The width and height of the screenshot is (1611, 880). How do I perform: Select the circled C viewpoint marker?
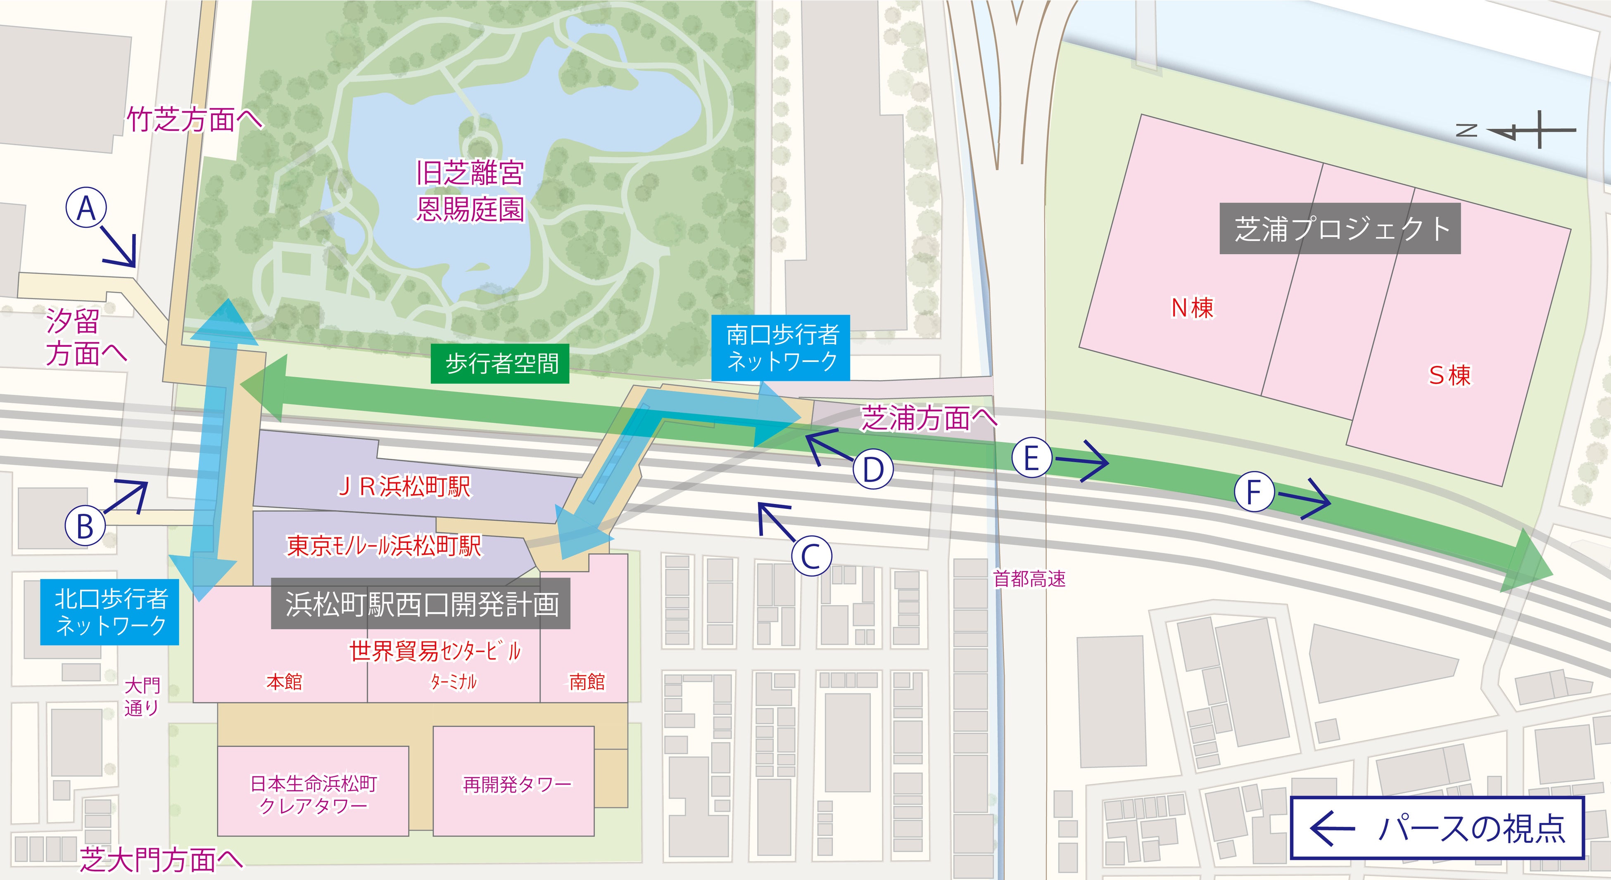(x=811, y=556)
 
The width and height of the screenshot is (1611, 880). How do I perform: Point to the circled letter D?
(x=873, y=469)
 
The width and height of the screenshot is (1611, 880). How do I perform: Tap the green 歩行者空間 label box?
(x=500, y=364)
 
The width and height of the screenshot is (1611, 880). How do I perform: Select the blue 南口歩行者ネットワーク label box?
(x=780, y=348)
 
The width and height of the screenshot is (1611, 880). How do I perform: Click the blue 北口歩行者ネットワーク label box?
(x=109, y=612)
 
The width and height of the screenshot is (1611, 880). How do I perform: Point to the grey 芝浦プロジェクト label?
(x=1340, y=229)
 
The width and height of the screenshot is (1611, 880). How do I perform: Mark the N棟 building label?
(x=1192, y=308)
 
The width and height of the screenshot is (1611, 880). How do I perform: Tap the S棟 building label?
(x=1449, y=375)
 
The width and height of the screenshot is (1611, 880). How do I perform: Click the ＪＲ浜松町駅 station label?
(x=404, y=487)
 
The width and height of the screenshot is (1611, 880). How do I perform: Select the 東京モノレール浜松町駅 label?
(x=384, y=546)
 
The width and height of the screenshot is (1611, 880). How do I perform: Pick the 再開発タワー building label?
(x=517, y=784)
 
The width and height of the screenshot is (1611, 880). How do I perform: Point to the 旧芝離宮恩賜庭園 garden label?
(x=470, y=191)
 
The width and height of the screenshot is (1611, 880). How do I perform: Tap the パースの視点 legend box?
(x=1437, y=828)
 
